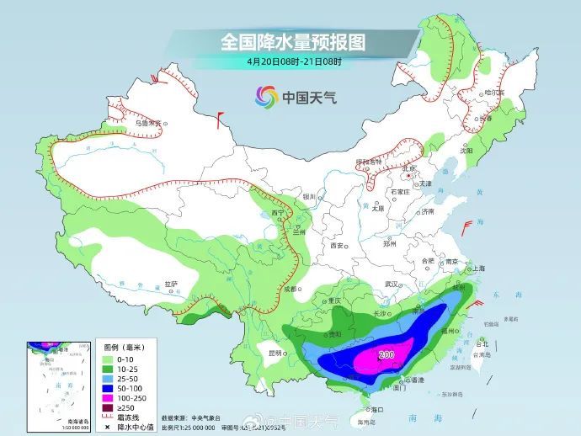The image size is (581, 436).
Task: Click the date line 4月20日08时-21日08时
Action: [x=294, y=61]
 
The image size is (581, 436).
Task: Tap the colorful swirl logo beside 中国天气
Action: [x=267, y=98]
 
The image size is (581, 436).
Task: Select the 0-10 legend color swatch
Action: [x=109, y=359]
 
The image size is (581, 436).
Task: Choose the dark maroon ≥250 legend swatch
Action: [x=109, y=409]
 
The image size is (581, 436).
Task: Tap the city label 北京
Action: [x=410, y=168]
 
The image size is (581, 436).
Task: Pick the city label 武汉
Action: [x=391, y=284]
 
